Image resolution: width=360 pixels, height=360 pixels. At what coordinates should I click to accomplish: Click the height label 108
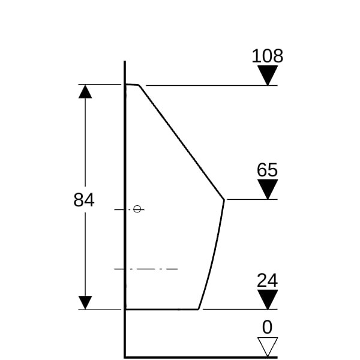coord(268,56)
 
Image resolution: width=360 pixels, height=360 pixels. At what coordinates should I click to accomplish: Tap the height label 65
coord(267,170)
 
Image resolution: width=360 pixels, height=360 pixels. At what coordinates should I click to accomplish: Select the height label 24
coord(267,280)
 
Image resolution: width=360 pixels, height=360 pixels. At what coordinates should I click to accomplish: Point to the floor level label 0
coord(267,327)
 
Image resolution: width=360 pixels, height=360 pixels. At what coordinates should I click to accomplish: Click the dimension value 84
coord(84,200)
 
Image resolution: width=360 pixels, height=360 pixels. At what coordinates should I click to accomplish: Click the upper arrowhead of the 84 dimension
coord(85,92)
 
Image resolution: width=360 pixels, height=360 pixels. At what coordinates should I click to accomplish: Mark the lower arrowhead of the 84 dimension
coord(85,302)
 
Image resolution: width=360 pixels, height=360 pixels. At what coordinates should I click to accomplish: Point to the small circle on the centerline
coord(137,209)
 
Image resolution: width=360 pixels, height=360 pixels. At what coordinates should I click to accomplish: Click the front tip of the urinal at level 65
coord(224,200)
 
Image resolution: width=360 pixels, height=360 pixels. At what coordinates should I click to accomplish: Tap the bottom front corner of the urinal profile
coord(199,309)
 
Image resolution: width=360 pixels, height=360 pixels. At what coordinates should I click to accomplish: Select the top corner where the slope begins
coord(139,85)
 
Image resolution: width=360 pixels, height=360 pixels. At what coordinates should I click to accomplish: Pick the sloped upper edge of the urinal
coord(181,142)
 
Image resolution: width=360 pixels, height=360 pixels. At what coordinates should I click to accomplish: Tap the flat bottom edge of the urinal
coord(162,309)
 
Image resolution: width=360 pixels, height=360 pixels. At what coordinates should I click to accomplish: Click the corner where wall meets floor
coord(125,357)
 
